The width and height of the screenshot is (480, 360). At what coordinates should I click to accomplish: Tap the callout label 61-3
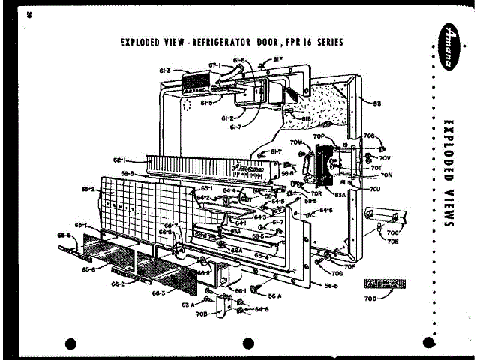tap(165, 70)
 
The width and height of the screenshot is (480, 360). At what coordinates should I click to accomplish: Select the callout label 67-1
tap(214, 65)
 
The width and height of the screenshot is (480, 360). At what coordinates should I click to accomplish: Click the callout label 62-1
tap(120, 160)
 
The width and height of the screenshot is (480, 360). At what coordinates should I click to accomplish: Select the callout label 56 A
tap(274, 295)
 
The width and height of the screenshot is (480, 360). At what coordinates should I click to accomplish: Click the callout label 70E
tap(392, 241)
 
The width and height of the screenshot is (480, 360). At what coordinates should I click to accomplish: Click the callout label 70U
tap(375, 190)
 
